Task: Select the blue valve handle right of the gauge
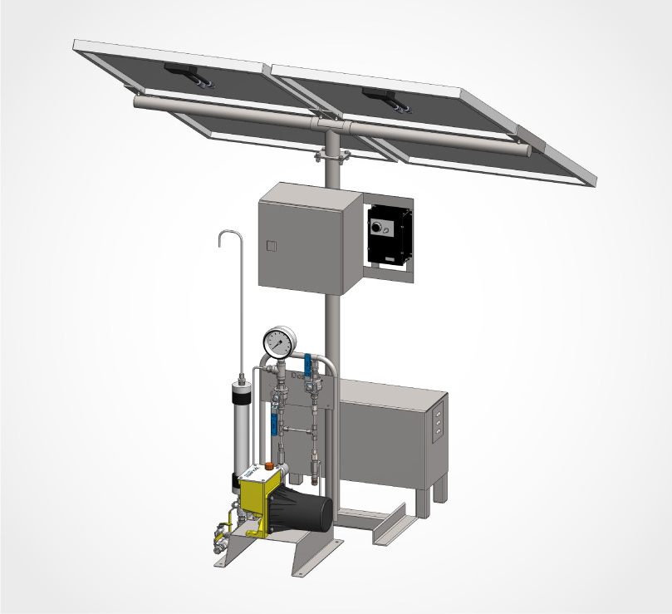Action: click(307, 362)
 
